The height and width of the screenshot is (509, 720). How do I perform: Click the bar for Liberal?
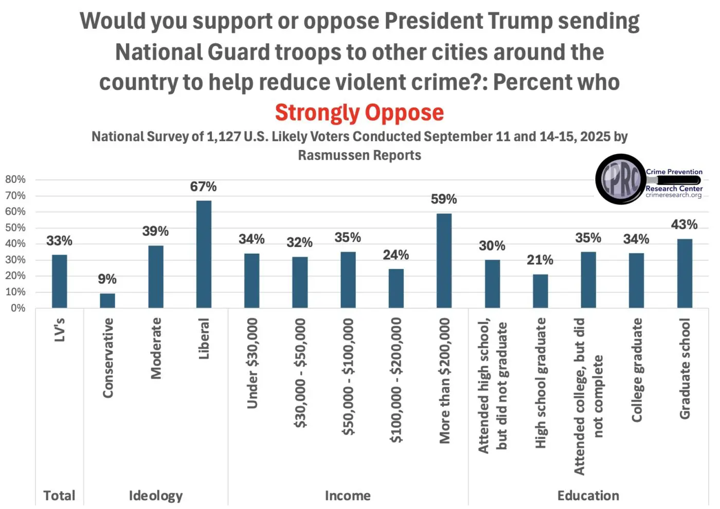[204, 254]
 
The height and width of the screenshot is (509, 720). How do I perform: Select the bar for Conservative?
[107, 300]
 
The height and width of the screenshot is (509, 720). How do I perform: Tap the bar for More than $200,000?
[444, 260]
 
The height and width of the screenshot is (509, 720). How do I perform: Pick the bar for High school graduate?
[540, 291]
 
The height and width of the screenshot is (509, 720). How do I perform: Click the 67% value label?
[204, 186]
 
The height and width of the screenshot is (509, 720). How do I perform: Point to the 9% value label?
[107, 279]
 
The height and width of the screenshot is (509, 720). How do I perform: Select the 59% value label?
[444, 199]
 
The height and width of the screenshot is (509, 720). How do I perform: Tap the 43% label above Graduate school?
[684, 224]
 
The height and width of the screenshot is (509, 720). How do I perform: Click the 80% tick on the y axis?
[15, 179]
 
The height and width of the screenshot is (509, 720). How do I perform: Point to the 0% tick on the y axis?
[18, 308]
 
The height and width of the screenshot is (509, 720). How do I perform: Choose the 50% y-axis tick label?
[15, 228]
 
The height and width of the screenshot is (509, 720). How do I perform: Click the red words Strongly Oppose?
[359, 112]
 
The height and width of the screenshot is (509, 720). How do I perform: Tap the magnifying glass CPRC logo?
[621, 179]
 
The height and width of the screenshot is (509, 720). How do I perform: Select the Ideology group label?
[155, 496]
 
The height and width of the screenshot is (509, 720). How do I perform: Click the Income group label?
[348, 496]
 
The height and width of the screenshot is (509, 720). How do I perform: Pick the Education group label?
[588, 496]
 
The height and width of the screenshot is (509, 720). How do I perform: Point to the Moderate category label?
[156, 348]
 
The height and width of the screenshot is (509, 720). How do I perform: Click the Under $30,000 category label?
[252, 363]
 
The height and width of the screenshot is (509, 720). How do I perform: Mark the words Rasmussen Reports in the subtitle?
[359, 155]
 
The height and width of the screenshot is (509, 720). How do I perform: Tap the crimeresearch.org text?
[674, 195]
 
